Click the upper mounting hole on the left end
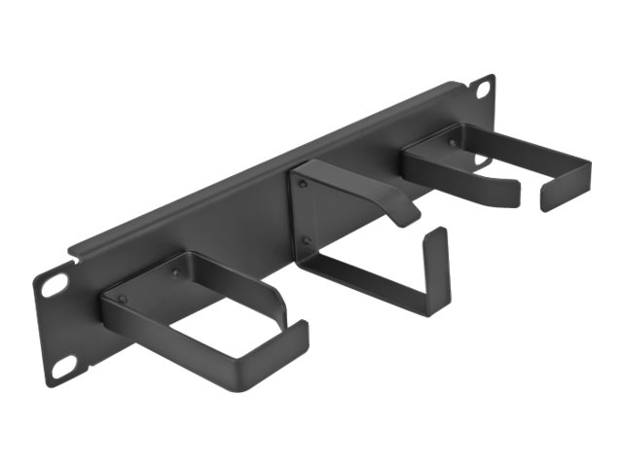click(x=54, y=284)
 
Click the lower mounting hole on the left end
click(x=64, y=367)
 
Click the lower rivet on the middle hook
click(x=306, y=239)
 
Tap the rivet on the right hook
click(x=452, y=143)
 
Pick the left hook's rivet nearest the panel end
click(x=123, y=299)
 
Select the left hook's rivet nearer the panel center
click(x=175, y=273)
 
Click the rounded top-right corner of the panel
click(x=492, y=78)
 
